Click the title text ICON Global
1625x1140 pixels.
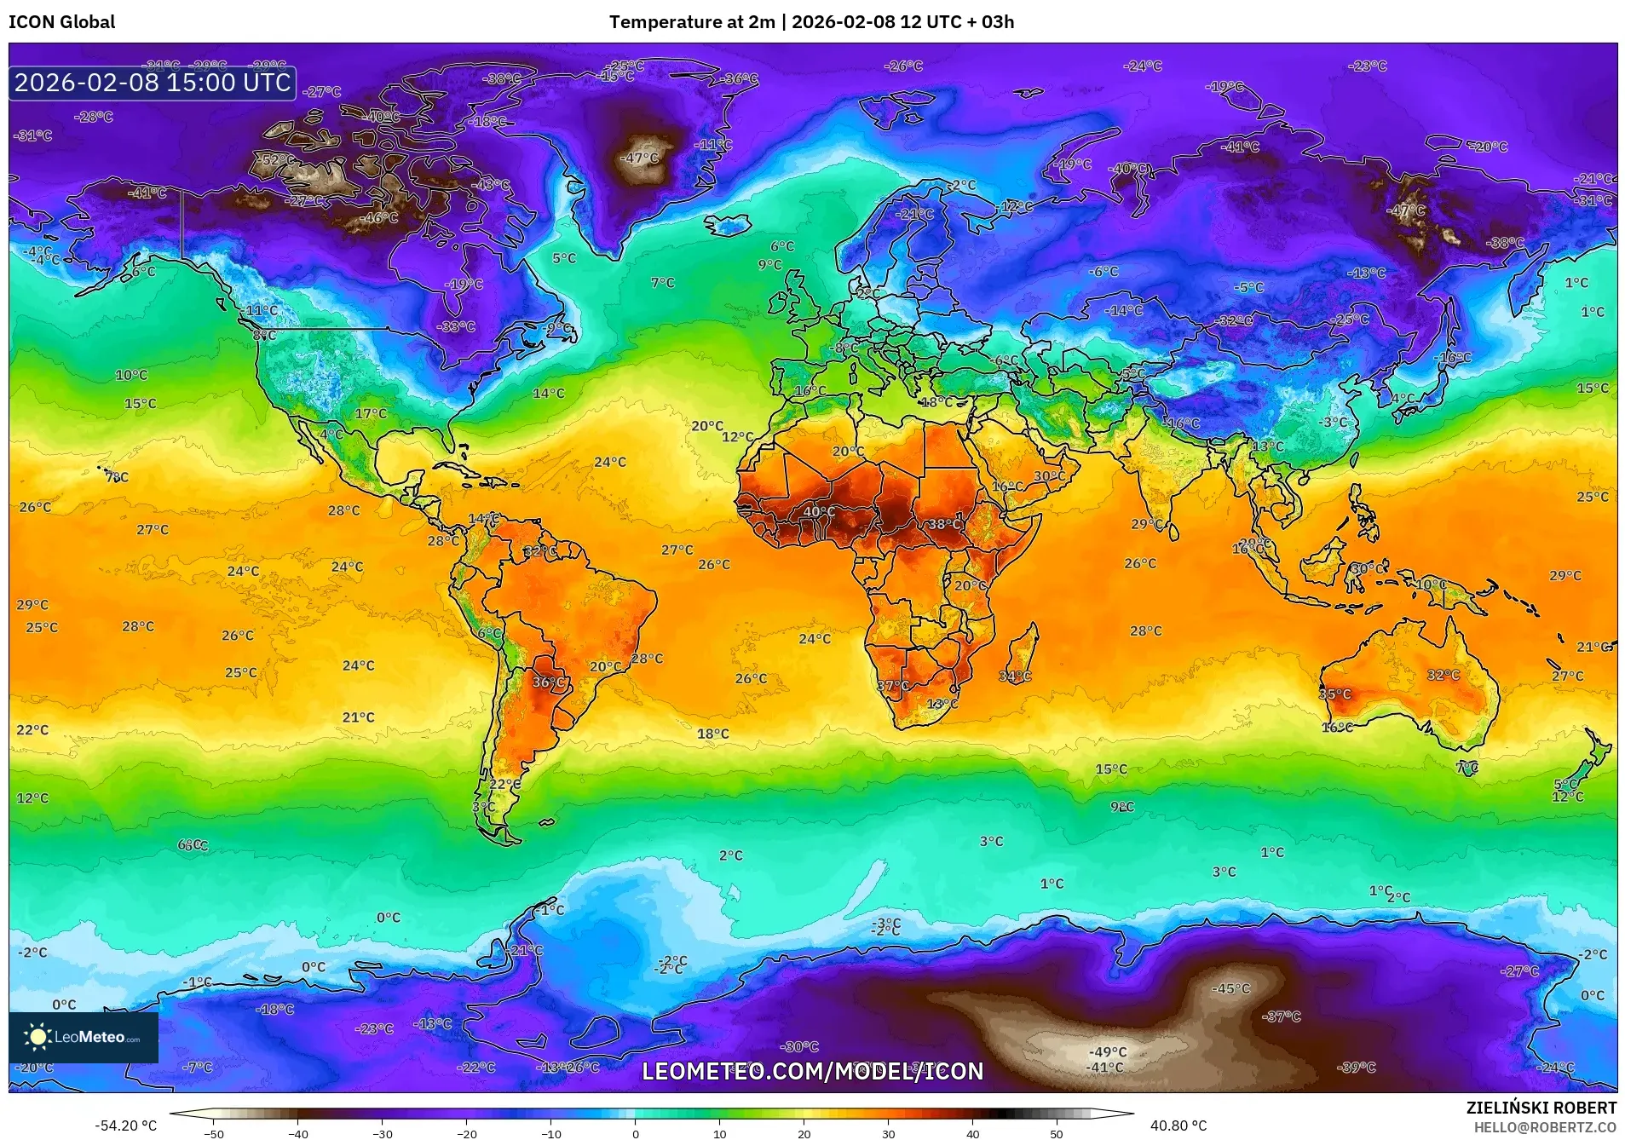point(61,22)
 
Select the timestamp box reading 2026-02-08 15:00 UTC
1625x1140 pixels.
point(153,83)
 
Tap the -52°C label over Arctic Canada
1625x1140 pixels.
point(277,159)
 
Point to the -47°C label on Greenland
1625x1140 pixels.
point(641,158)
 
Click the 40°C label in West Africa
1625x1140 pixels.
point(819,511)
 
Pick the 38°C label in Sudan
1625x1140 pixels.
point(944,524)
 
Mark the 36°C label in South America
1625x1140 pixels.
point(549,682)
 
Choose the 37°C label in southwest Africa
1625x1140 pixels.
point(893,685)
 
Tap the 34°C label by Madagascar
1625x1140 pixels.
point(1015,676)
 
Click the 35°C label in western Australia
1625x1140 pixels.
point(1335,694)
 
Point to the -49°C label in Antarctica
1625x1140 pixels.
point(1108,1051)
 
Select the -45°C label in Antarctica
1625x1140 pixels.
point(1231,988)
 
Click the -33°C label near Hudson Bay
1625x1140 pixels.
point(456,326)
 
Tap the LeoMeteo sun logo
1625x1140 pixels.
point(37,1036)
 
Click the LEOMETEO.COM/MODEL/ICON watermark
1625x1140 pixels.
point(812,1071)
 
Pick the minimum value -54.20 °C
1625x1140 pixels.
point(125,1126)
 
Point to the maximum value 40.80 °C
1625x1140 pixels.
point(1178,1126)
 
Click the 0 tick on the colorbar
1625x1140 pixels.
point(636,1133)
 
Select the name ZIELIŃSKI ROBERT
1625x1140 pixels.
point(1541,1108)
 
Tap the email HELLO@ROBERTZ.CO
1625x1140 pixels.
point(1545,1127)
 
